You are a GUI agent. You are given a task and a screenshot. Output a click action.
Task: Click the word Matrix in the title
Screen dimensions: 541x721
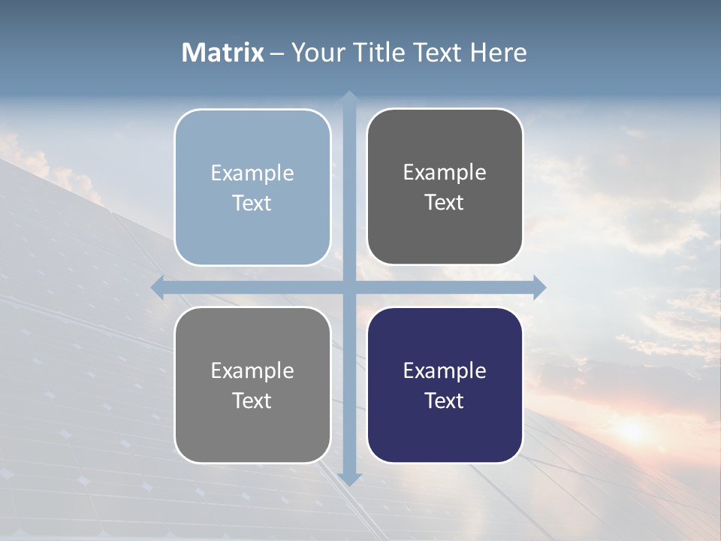click(x=223, y=53)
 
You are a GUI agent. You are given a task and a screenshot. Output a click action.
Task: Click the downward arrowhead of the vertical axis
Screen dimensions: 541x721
click(x=348, y=479)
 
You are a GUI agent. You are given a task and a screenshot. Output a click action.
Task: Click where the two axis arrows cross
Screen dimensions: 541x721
click(x=348, y=287)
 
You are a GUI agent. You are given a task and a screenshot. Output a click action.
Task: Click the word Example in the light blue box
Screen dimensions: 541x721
click(x=252, y=173)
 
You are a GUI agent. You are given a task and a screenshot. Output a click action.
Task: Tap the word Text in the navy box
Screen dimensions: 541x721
click(x=445, y=400)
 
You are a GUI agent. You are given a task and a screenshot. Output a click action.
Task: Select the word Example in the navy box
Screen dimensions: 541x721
click(x=445, y=370)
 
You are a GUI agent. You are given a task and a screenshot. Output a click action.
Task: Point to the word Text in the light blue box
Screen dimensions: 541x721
click(x=252, y=203)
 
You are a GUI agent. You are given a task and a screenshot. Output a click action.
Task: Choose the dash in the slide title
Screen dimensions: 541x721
click(x=277, y=53)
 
